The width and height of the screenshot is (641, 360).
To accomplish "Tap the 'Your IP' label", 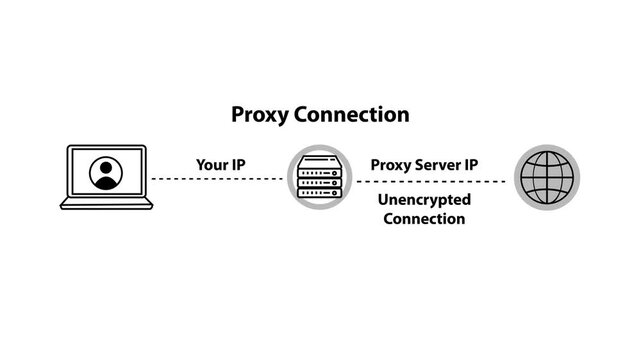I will (220, 164).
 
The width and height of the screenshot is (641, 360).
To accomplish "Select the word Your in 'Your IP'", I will (211, 164).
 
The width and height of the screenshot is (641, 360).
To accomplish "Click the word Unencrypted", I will (424, 200).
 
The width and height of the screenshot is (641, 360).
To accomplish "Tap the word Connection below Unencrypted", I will (424, 219).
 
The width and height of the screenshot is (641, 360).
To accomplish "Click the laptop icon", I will (106, 178).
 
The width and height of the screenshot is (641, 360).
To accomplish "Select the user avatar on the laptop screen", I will (106, 173).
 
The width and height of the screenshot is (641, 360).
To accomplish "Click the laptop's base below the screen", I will (106, 205).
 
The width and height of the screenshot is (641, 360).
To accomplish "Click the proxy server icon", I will (320, 178).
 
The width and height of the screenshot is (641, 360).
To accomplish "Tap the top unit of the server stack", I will (320, 160).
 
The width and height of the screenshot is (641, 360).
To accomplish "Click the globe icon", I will (547, 178).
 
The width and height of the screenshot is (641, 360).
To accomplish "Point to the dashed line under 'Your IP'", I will (218, 179).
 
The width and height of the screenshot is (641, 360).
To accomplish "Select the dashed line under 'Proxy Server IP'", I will (430, 181).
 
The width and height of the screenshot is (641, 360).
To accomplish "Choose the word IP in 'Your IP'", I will (238, 164).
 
